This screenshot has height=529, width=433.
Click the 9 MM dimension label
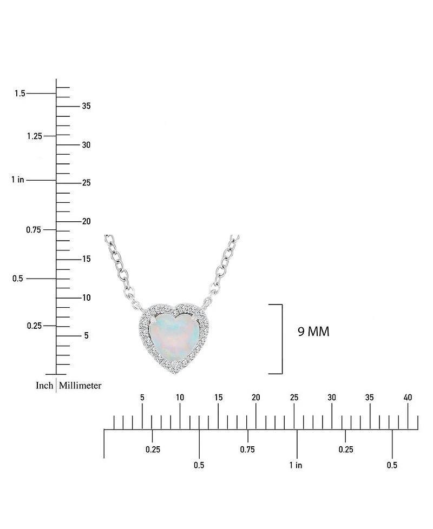[x=313, y=332]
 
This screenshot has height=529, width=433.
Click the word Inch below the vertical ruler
[x=44, y=386]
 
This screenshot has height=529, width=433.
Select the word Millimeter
[x=80, y=386]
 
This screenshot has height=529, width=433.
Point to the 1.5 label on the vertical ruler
[x=20, y=94]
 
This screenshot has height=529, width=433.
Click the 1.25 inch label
[x=34, y=136]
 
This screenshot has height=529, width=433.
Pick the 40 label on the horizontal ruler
[x=408, y=398]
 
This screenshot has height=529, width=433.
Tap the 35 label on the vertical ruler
[x=86, y=106]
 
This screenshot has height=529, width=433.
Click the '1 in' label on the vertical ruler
[x=17, y=180]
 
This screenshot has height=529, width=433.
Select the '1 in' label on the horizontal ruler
[x=296, y=465]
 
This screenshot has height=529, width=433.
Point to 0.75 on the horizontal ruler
[x=247, y=449]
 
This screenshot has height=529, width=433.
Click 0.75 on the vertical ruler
[x=34, y=230]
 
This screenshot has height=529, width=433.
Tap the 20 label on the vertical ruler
[x=86, y=221]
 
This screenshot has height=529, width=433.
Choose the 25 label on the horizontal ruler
[x=294, y=398]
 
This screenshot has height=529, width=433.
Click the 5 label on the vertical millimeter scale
[x=86, y=336]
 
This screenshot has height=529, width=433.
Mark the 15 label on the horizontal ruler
[x=218, y=398]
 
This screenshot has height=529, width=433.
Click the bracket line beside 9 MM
[x=281, y=339]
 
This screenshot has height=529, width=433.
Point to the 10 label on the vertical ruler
[x=86, y=298]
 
